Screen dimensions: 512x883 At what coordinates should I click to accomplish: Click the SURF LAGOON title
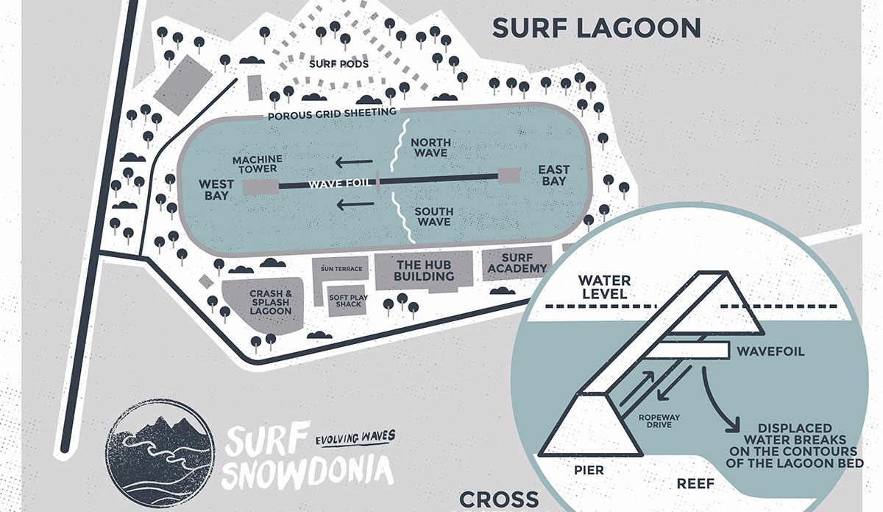click(x=596, y=27)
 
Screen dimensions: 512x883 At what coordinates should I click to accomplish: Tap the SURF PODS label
click(x=338, y=63)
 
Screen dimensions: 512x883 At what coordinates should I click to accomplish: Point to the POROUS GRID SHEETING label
click(x=332, y=112)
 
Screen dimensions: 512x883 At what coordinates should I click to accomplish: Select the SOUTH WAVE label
click(x=433, y=217)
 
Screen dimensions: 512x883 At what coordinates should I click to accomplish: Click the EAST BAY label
click(x=553, y=175)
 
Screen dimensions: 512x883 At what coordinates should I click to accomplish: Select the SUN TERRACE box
click(x=341, y=270)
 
